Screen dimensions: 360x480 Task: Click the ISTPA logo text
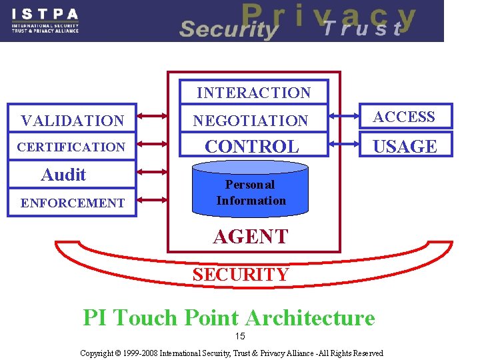pos(45,14)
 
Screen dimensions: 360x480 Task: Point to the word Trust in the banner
pos(363,29)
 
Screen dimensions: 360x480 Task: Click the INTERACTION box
pos(253,93)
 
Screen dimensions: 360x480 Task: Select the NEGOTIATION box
pos(251,121)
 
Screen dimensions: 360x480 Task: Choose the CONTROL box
pos(252,146)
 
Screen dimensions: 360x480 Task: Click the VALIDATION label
pos(72,121)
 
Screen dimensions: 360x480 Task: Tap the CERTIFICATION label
pos(72,147)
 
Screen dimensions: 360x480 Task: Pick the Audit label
pos(63,175)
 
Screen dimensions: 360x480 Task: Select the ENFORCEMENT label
pos(72,203)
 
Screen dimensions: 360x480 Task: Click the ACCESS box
pos(404,117)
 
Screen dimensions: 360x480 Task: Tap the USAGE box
pos(405,146)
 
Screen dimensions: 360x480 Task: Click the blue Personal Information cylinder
pos(251,192)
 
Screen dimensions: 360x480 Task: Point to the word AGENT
pos(251,237)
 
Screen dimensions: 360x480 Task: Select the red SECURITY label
pos(241,274)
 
